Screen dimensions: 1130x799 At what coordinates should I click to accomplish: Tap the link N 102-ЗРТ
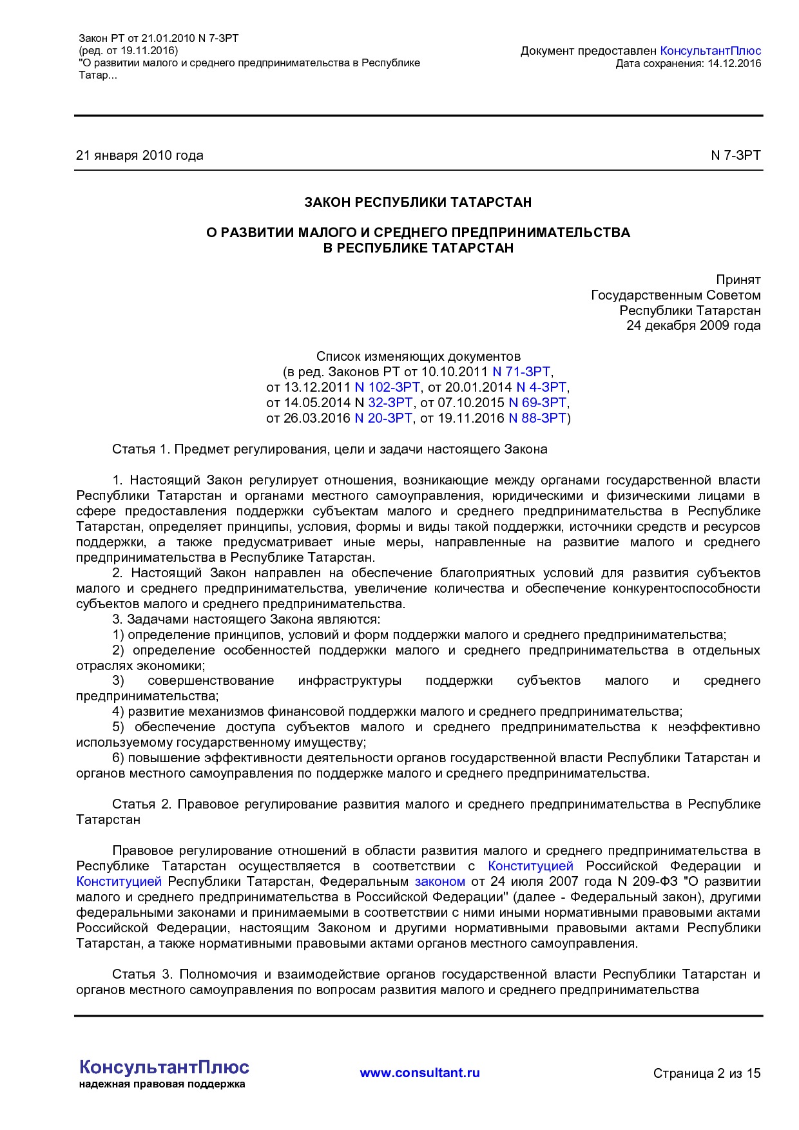point(387,387)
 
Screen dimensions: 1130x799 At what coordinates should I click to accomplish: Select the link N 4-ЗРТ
point(541,387)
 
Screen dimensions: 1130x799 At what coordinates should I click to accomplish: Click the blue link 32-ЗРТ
point(390,403)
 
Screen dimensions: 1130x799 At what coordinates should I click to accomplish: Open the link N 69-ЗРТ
point(537,403)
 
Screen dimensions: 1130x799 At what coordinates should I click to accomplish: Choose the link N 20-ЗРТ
point(383,418)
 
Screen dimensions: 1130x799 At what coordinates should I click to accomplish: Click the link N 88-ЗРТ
point(537,418)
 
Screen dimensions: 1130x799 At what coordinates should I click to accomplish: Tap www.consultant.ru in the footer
point(419,1073)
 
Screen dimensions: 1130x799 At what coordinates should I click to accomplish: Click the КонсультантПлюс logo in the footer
point(164,1068)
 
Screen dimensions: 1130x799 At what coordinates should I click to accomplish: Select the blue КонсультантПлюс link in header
point(710,51)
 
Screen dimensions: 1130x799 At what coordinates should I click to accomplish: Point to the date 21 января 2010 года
point(140,155)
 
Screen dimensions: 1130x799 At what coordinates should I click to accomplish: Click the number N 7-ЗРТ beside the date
point(735,155)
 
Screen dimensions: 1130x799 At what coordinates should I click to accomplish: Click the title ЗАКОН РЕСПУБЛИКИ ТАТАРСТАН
point(418,202)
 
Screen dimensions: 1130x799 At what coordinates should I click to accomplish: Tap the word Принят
point(738,280)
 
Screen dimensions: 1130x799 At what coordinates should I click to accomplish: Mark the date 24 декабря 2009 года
point(693,325)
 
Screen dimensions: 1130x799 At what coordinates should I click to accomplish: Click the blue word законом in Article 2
point(439,881)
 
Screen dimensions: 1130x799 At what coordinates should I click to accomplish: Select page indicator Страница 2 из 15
point(706,1073)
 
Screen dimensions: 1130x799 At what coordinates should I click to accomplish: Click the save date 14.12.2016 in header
point(734,63)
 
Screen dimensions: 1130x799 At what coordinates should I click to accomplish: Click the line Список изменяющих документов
point(418,356)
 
